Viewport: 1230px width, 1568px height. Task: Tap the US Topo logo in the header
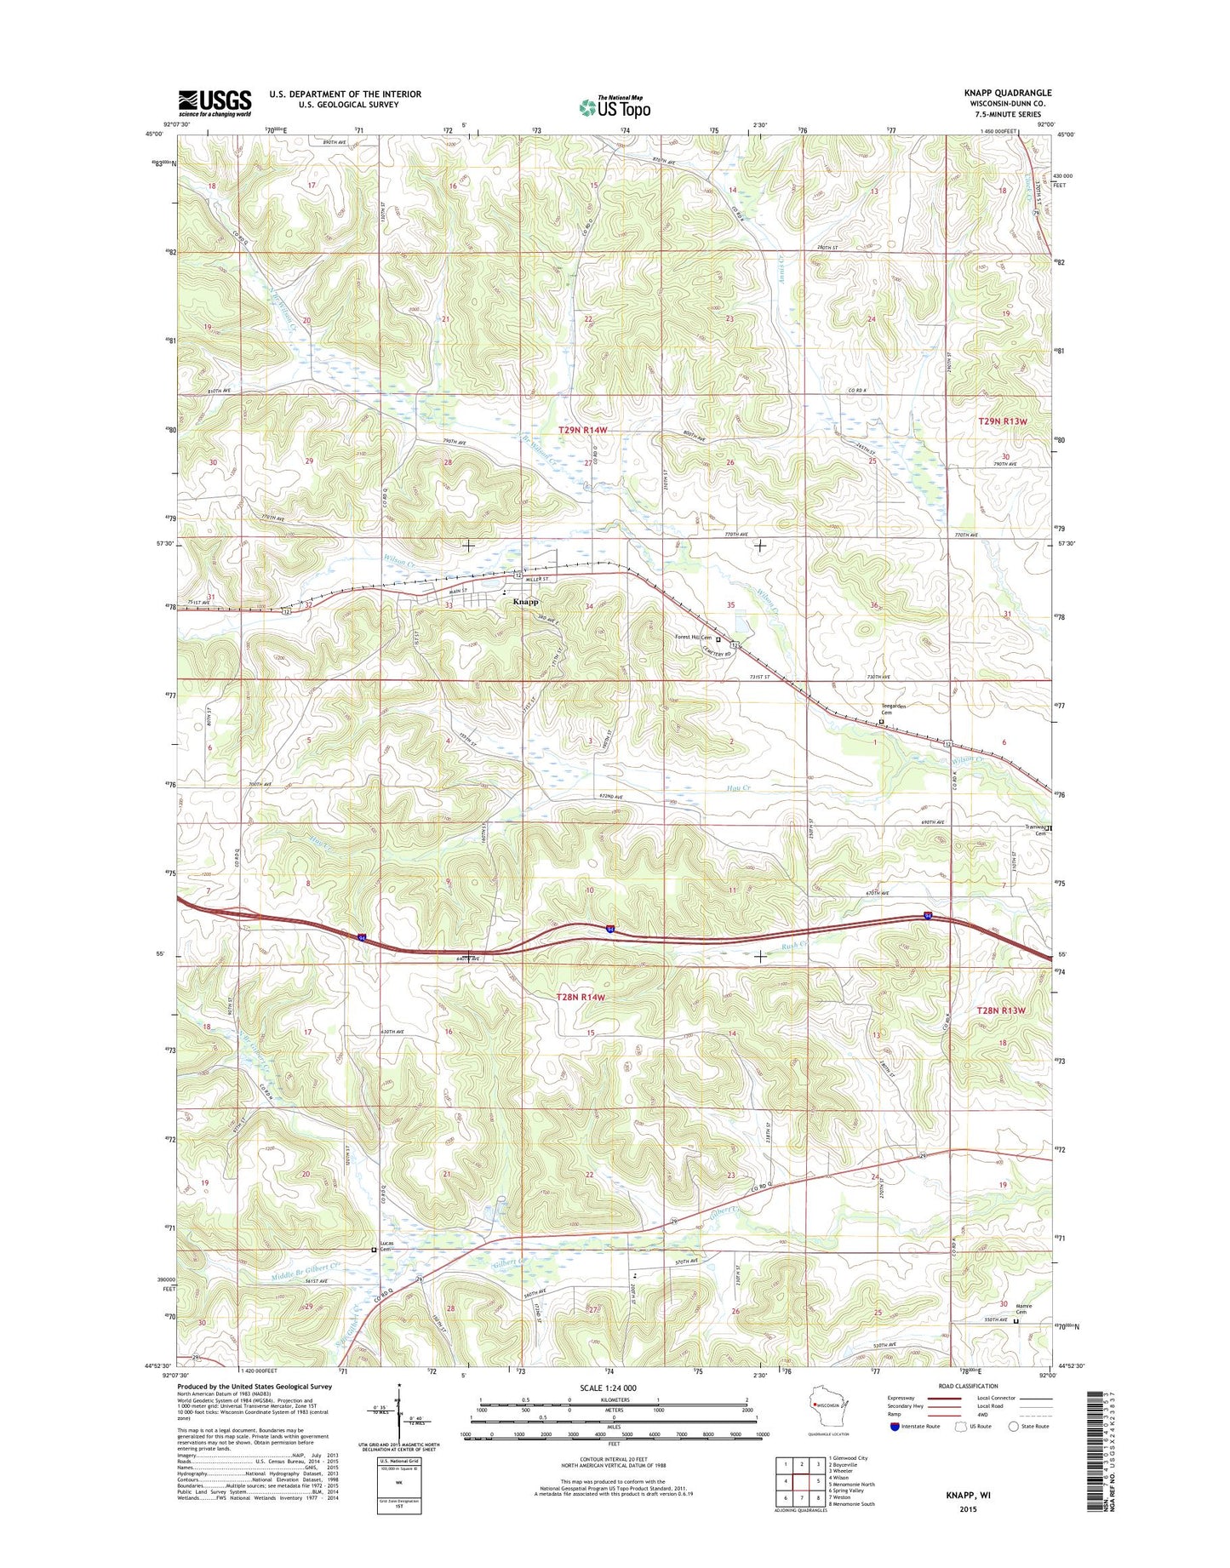tap(615, 107)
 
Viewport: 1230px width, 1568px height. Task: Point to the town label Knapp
tap(525, 602)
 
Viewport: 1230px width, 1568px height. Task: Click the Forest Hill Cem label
tap(694, 638)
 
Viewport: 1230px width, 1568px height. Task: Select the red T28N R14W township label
tap(581, 997)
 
